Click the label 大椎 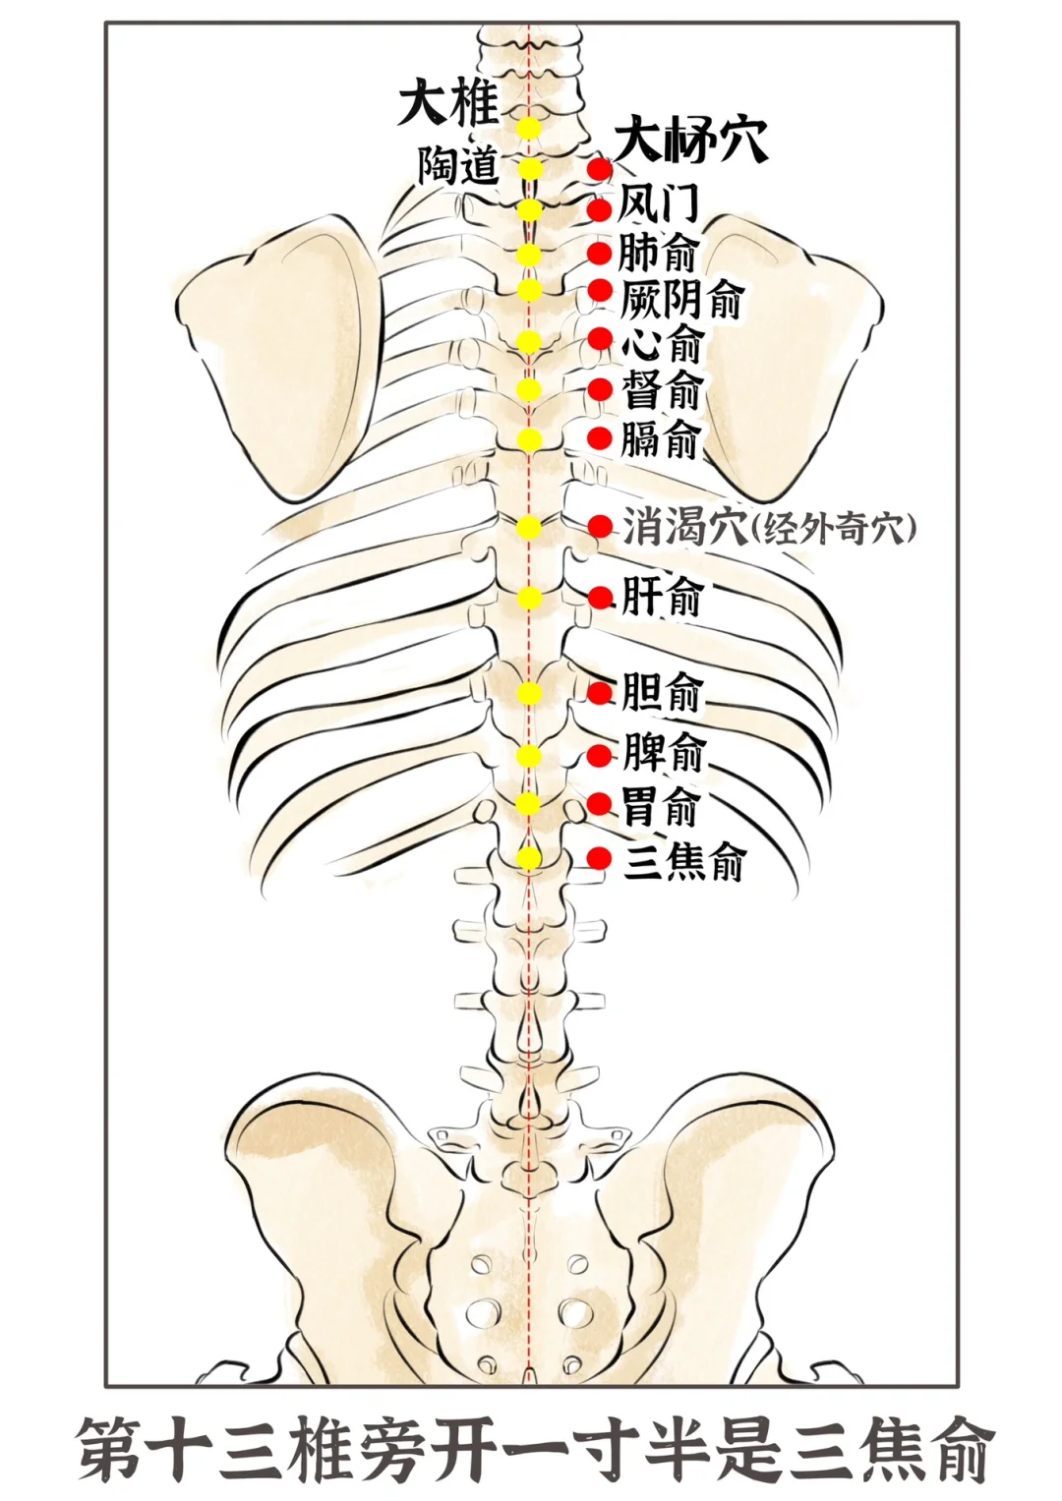coord(448,102)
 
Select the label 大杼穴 coord(691,141)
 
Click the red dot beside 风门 coord(600,209)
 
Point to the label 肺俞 coord(657,253)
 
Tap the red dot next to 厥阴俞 coord(600,291)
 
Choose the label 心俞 coord(662,343)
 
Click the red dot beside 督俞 coord(600,390)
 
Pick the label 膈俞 coord(660,438)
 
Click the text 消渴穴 coord(684,528)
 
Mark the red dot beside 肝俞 coord(600,598)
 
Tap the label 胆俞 coord(662,692)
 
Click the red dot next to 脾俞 coord(600,756)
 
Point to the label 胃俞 coord(660,807)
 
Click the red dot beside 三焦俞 coord(600,858)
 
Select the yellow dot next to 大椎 coord(530,128)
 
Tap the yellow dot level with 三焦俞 coord(530,858)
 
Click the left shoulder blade coord(280,354)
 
